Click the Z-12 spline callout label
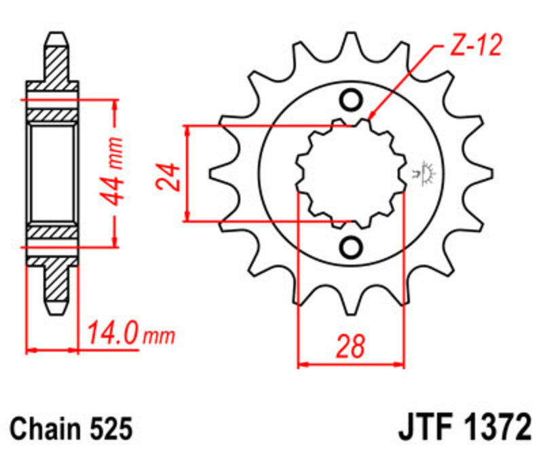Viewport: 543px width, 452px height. [476, 45]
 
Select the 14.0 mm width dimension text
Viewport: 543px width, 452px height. [130, 335]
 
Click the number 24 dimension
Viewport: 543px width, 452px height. [169, 176]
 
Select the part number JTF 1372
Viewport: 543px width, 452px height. [463, 429]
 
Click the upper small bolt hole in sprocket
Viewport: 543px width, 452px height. [352, 100]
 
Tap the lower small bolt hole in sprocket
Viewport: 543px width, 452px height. [352, 248]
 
